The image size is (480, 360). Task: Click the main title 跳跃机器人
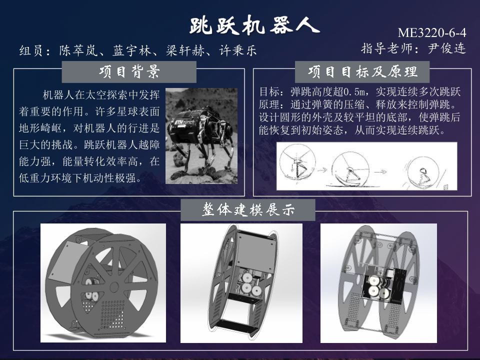[254, 25]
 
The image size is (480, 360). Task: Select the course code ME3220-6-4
[432, 32]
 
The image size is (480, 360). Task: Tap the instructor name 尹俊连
[446, 48]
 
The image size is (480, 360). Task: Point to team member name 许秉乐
[238, 50]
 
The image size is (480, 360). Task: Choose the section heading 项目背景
[129, 72]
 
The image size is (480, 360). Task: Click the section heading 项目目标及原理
[362, 72]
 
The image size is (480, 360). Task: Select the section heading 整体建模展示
[248, 210]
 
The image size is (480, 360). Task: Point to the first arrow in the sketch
[321, 169]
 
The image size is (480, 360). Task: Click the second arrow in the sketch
[380, 171]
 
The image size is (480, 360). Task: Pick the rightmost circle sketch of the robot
[423, 172]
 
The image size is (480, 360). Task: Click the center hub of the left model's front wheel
[114, 287]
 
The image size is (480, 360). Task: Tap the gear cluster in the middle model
[247, 284]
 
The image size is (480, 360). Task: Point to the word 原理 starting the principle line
[269, 104]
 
